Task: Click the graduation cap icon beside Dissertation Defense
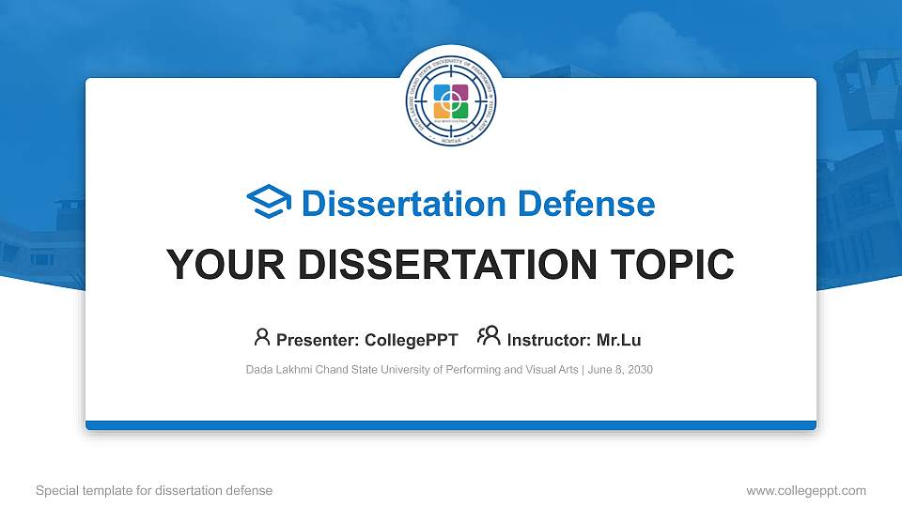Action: pos(269,202)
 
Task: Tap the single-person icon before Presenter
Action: pos(262,337)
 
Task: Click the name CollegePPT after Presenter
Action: pos(412,340)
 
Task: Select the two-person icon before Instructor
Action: pos(489,337)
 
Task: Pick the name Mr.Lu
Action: pos(618,340)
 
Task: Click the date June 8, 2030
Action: pos(621,370)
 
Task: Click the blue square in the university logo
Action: pos(443,94)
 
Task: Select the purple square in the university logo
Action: pos(459,94)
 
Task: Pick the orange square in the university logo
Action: pos(443,110)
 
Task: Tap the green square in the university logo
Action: pos(459,110)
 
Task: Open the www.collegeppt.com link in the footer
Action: pos(805,490)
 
